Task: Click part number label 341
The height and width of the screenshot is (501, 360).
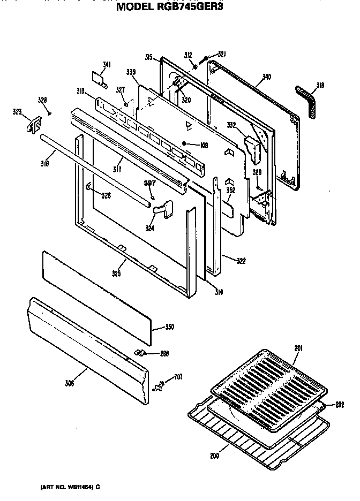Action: pyautogui.click(x=107, y=65)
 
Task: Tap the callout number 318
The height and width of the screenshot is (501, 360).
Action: pyautogui.click(x=320, y=85)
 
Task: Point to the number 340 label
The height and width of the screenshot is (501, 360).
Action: pyautogui.click(x=266, y=77)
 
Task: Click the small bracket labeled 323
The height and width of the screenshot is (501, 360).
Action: pyautogui.click(x=33, y=125)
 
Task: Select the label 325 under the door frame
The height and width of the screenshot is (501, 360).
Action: pyautogui.click(x=116, y=274)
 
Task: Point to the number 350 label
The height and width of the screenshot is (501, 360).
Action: pyautogui.click(x=169, y=327)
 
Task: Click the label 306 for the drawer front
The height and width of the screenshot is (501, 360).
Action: pyautogui.click(x=69, y=383)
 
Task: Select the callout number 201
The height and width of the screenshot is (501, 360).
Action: pyautogui.click(x=298, y=348)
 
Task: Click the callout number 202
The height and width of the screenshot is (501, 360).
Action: pyautogui.click(x=340, y=405)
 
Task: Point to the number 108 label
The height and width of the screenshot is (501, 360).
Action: pyautogui.click(x=204, y=144)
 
